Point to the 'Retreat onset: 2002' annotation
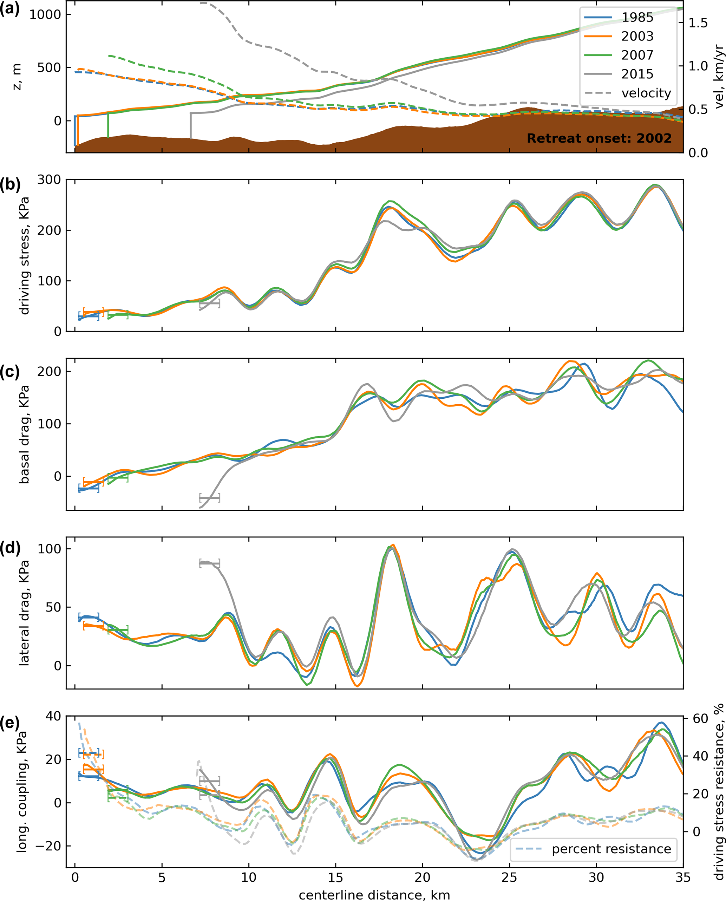click(x=599, y=138)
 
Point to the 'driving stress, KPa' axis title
click(x=24, y=256)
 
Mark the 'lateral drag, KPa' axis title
click(x=24, y=613)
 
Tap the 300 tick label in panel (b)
click(x=49, y=180)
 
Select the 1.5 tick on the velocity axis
click(x=698, y=23)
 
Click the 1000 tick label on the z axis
click(x=45, y=15)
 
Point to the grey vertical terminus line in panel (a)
click(x=191, y=125)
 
